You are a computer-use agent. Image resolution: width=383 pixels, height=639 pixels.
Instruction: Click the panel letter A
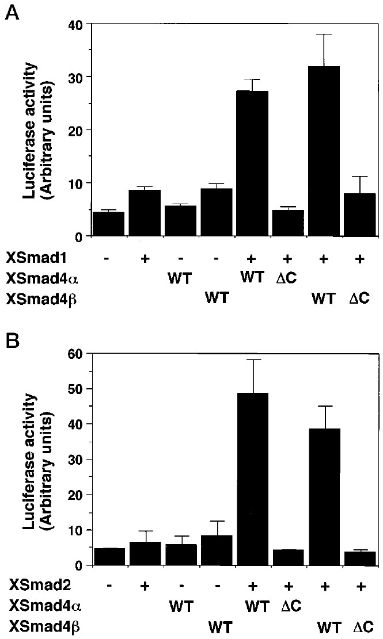point(11,12)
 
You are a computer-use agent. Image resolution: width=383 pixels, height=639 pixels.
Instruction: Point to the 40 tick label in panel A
point(74,24)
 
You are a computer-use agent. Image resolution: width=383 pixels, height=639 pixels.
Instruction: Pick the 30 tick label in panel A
point(74,77)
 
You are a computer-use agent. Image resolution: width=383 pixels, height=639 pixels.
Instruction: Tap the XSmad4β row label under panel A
point(34,299)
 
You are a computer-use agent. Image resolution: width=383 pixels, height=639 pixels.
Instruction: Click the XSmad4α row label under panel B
point(34,605)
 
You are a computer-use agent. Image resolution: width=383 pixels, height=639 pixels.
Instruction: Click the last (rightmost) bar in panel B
point(359,558)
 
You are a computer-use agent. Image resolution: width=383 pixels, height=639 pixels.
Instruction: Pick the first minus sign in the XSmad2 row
point(108,586)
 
